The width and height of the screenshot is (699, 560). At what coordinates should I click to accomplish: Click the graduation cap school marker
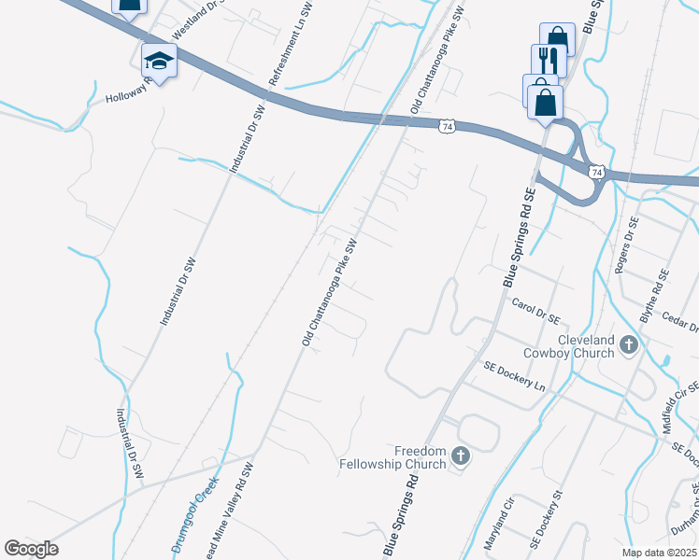coord(159,62)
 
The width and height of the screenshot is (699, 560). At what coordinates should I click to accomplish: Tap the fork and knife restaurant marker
coord(549,62)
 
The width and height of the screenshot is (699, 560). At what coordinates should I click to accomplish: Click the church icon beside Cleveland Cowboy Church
coord(628,345)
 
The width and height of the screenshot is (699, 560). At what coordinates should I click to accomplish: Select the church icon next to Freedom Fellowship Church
coord(459,456)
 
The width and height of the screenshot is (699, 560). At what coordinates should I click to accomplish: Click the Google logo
coord(32,549)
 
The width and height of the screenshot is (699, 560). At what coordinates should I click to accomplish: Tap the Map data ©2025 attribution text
coord(658,553)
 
